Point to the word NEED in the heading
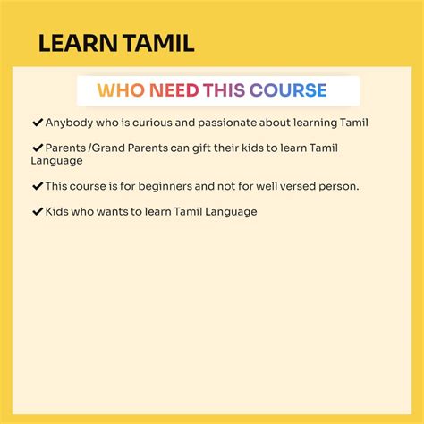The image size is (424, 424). [174, 90]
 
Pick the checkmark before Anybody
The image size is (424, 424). [38, 122]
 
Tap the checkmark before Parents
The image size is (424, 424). [38, 147]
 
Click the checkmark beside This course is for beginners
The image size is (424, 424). [38, 186]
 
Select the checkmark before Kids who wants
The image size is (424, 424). [38, 211]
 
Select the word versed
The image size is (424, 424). [295, 187]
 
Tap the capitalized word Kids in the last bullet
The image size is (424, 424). [56, 212]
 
